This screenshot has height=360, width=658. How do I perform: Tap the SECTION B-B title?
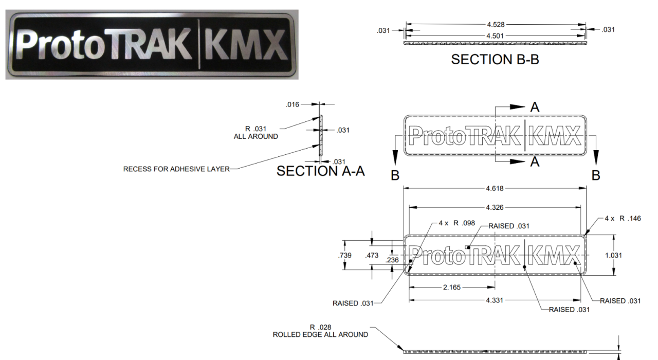coord(495,60)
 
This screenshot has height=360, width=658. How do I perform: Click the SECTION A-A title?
coord(321,171)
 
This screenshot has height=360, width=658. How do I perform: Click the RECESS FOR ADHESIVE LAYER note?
coord(176,169)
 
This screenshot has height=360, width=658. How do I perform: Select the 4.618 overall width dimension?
coord(496,188)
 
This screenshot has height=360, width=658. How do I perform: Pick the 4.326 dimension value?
coord(496,207)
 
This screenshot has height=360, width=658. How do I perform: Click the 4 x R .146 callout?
coord(623,219)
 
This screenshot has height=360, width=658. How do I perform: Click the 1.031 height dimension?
coord(614,256)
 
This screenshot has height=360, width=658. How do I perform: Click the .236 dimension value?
coord(392,260)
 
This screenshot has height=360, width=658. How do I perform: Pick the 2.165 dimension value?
coord(452,287)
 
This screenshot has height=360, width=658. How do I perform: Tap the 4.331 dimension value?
coord(496,300)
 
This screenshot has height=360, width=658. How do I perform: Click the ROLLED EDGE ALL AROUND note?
coord(320,335)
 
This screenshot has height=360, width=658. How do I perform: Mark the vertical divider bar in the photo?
coord(198,44)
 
